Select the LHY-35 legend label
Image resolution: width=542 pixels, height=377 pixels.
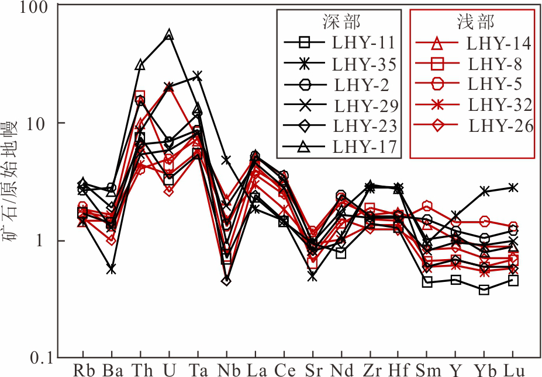pyautogui.click(x=364, y=63)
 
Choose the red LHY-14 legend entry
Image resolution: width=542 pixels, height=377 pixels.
pyautogui.click(x=498, y=42)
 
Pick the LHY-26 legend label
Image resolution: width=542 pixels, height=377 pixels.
pyautogui.click(x=501, y=125)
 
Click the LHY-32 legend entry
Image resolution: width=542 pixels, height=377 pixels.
pyautogui.click(x=500, y=104)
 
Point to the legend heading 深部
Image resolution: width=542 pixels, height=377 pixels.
pyautogui.click(x=341, y=22)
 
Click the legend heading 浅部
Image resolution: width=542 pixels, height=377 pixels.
pyautogui.click(x=475, y=22)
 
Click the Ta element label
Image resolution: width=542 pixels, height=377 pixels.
pyautogui.click(x=197, y=370)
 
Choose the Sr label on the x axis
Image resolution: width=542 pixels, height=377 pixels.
pyautogui.click(x=312, y=370)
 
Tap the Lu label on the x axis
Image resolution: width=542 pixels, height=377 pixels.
pyautogui.click(x=513, y=370)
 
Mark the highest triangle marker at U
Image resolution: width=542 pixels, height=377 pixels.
pyautogui.click(x=169, y=34)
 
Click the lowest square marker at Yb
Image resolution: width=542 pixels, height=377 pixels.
pyautogui.click(x=484, y=289)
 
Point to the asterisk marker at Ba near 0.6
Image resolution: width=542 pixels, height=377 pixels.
pyautogui.click(x=111, y=269)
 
